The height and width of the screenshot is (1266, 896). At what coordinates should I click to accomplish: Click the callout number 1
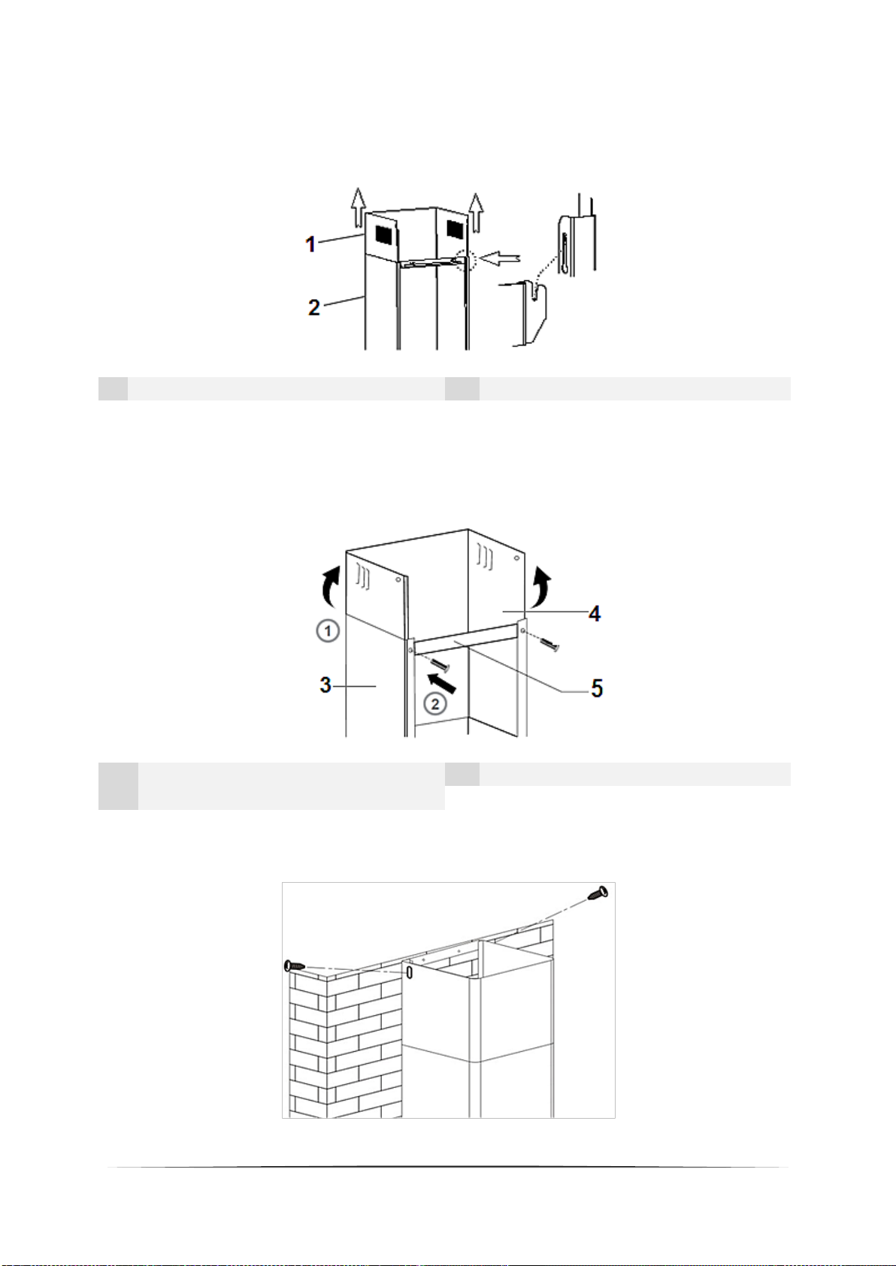[x=310, y=244]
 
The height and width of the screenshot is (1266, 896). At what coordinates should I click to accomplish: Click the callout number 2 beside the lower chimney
[x=313, y=307]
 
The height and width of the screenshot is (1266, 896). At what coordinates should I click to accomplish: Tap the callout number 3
[x=325, y=685]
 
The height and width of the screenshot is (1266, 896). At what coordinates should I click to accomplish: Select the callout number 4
[x=594, y=614]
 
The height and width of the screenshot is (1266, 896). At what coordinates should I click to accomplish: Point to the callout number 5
[x=597, y=688]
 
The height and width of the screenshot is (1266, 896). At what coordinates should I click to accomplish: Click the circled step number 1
[x=327, y=630]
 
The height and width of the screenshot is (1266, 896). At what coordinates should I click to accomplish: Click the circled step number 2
[x=434, y=704]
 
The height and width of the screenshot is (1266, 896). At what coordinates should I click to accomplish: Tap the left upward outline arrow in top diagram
[x=357, y=207]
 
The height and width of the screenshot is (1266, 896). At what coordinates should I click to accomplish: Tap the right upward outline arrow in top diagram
[x=477, y=213]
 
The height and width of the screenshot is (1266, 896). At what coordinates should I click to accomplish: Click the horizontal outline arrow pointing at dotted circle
[x=500, y=259]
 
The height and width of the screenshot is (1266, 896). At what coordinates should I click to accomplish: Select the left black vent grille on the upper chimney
[x=384, y=235]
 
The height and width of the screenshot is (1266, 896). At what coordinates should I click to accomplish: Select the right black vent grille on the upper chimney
[x=455, y=229]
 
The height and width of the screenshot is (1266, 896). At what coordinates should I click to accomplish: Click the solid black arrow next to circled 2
[x=441, y=682]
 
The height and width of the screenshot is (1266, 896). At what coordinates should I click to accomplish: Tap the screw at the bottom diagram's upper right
[x=598, y=893]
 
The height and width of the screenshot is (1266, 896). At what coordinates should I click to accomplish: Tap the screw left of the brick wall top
[x=296, y=966]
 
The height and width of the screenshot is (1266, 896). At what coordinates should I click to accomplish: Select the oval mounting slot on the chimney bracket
[x=409, y=972]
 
